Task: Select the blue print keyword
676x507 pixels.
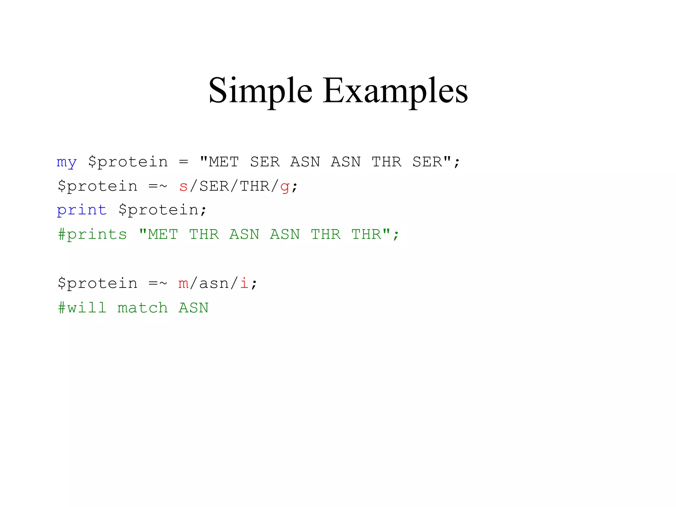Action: [x=82, y=210]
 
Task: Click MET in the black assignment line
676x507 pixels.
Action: [x=224, y=162]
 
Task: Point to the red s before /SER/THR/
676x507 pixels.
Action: [x=183, y=186]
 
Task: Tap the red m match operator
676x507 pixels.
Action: [x=183, y=284]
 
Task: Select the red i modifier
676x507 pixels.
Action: [x=244, y=283]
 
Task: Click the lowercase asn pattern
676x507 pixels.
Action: [x=214, y=284]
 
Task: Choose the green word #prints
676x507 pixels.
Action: [x=92, y=235]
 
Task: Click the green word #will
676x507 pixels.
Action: [x=82, y=308]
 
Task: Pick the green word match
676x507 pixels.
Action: [x=143, y=308]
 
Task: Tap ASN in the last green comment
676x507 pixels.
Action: [x=193, y=308]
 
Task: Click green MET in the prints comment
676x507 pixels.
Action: [x=163, y=235]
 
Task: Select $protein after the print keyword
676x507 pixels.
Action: [x=158, y=210]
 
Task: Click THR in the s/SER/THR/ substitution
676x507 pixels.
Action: [x=254, y=186]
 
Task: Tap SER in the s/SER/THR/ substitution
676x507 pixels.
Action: [x=214, y=186]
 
